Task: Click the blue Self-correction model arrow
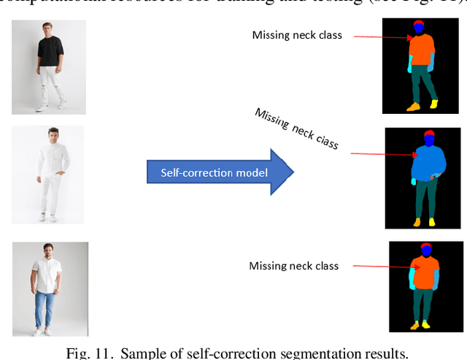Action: point(219,172)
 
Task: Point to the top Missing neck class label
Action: point(297,35)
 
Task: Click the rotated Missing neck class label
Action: point(296,129)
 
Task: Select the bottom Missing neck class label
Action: point(294,266)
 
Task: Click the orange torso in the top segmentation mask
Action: point(422,51)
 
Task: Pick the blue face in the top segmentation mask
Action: point(419,28)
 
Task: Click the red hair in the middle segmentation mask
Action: point(428,134)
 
